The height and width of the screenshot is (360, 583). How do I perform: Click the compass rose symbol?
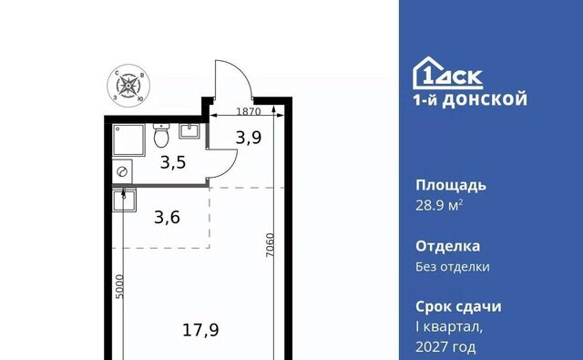[129, 85]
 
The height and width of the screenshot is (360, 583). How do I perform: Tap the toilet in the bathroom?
[162, 137]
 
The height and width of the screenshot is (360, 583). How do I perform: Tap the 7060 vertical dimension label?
[271, 246]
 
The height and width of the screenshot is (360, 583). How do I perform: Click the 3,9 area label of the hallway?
[248, 139]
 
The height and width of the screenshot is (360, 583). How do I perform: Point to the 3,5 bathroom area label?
[172, 164]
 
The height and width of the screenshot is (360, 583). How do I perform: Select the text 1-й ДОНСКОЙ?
[470, 100]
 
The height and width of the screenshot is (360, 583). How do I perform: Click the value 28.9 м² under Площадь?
[441, 205]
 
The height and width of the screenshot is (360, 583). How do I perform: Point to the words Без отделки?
[453, 267]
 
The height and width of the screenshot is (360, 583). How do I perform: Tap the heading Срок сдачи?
[458, 306]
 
